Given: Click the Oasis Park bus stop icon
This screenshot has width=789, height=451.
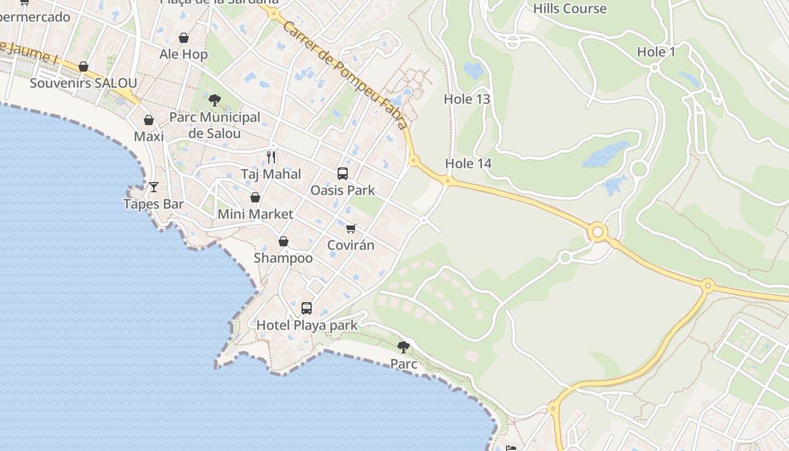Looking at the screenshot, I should [343, 174].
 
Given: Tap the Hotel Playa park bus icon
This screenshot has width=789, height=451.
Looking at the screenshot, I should [307, 308].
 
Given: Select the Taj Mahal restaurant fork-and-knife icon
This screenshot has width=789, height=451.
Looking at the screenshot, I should [271, 157].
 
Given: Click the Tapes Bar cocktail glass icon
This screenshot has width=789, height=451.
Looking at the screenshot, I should [154, 187].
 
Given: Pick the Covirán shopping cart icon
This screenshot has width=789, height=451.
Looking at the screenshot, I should [351, 228].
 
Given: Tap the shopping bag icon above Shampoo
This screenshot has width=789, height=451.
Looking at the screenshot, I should [283, 241].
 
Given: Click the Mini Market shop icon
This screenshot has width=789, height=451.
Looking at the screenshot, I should [255, 197].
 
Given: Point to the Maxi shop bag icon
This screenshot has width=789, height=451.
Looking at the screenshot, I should [149, 120].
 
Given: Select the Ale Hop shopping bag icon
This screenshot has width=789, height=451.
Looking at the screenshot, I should [184, 38].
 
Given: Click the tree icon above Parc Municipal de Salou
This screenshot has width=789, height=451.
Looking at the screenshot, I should [214, 100].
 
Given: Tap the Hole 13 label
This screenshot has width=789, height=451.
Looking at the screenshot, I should [467, 99].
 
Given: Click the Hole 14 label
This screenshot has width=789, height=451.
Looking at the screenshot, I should [468, 163].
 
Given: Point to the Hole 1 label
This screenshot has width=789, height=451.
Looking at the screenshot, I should [656, 52].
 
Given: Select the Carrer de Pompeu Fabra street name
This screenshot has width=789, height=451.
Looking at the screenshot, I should [345, 76].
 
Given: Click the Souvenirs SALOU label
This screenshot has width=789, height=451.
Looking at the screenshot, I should [83, 83].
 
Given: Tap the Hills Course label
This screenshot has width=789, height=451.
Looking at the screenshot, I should [570, 8].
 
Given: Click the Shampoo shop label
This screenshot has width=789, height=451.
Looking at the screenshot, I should [283, 258].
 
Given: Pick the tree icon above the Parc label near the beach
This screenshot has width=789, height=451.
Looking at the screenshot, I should [403, 347].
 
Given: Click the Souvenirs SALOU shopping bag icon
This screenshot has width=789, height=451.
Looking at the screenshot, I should [83, 67].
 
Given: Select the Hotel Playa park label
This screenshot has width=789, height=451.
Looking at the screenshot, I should [307, 325].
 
